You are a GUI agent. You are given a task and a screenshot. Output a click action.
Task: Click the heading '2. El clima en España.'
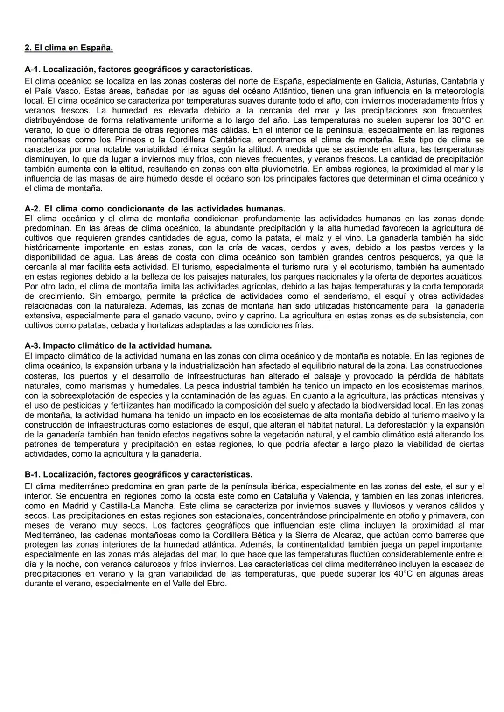69,48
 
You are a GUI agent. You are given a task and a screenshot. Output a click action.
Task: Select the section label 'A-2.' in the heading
33,208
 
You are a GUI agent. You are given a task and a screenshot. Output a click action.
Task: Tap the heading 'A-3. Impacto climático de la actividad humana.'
118,346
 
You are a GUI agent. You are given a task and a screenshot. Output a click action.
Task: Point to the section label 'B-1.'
33,474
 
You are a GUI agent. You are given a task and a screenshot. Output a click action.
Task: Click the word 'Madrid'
70,506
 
